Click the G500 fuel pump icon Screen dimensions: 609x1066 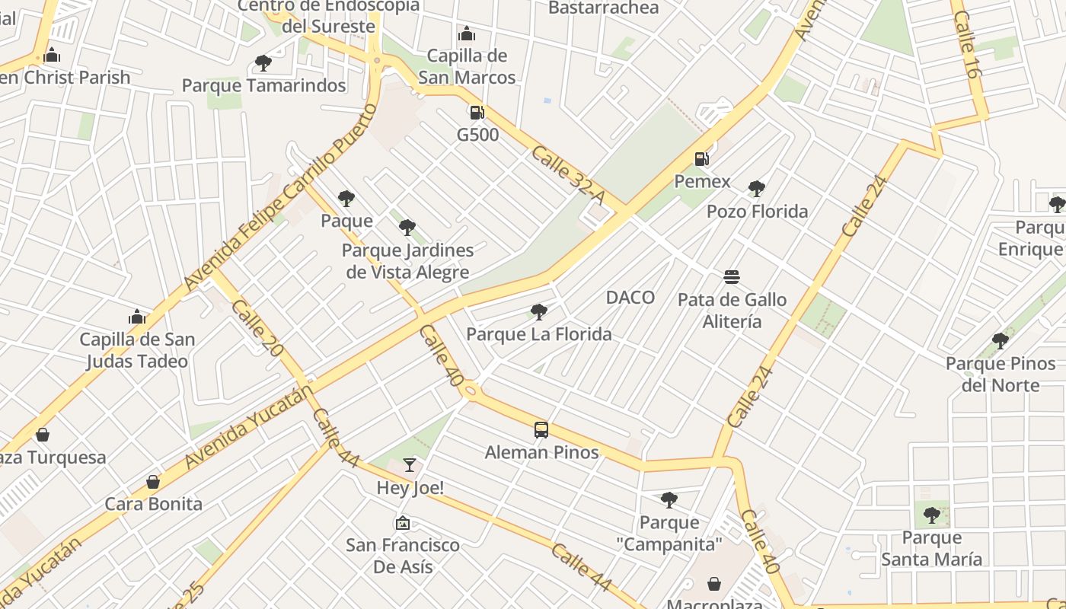coord(477,113)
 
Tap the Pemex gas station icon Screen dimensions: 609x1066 coord(701,159)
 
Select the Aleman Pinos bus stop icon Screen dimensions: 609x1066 coord(541,430)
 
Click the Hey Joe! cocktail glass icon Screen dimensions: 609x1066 coord(410,464)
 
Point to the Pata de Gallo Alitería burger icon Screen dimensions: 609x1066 coord(732,276)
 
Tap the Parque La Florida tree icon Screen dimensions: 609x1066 coord(538,311)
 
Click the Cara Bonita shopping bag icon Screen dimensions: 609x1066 coord(153,482)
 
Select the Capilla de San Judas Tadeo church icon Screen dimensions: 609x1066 coord(137,317)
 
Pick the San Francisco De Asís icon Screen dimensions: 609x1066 coord(402,523)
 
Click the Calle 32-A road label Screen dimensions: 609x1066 coord(567,175)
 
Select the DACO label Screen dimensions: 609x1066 coord(630,298)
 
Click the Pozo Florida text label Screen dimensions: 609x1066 coord(757,212)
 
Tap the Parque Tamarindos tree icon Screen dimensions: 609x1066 coord(263,62)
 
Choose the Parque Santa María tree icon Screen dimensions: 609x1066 coord(931,515)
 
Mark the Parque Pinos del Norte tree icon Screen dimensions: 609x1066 coord(1000,341)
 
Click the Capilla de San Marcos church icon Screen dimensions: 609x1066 coord(467,33)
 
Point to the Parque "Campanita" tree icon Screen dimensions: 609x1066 coord(669,500)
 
